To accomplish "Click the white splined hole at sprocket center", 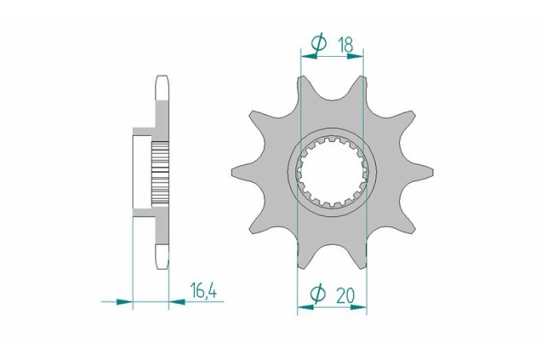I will pyautogui.click(x=332, y=170).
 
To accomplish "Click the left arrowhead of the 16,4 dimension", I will pyautogui.click(x=125, y=302).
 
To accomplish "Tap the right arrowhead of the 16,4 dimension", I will pyautogui.click(x=176, y=302).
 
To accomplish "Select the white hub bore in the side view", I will pyautogui.click(x=143, y=170).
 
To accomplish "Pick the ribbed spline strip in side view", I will pyautogui.click(x=158, y=170).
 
